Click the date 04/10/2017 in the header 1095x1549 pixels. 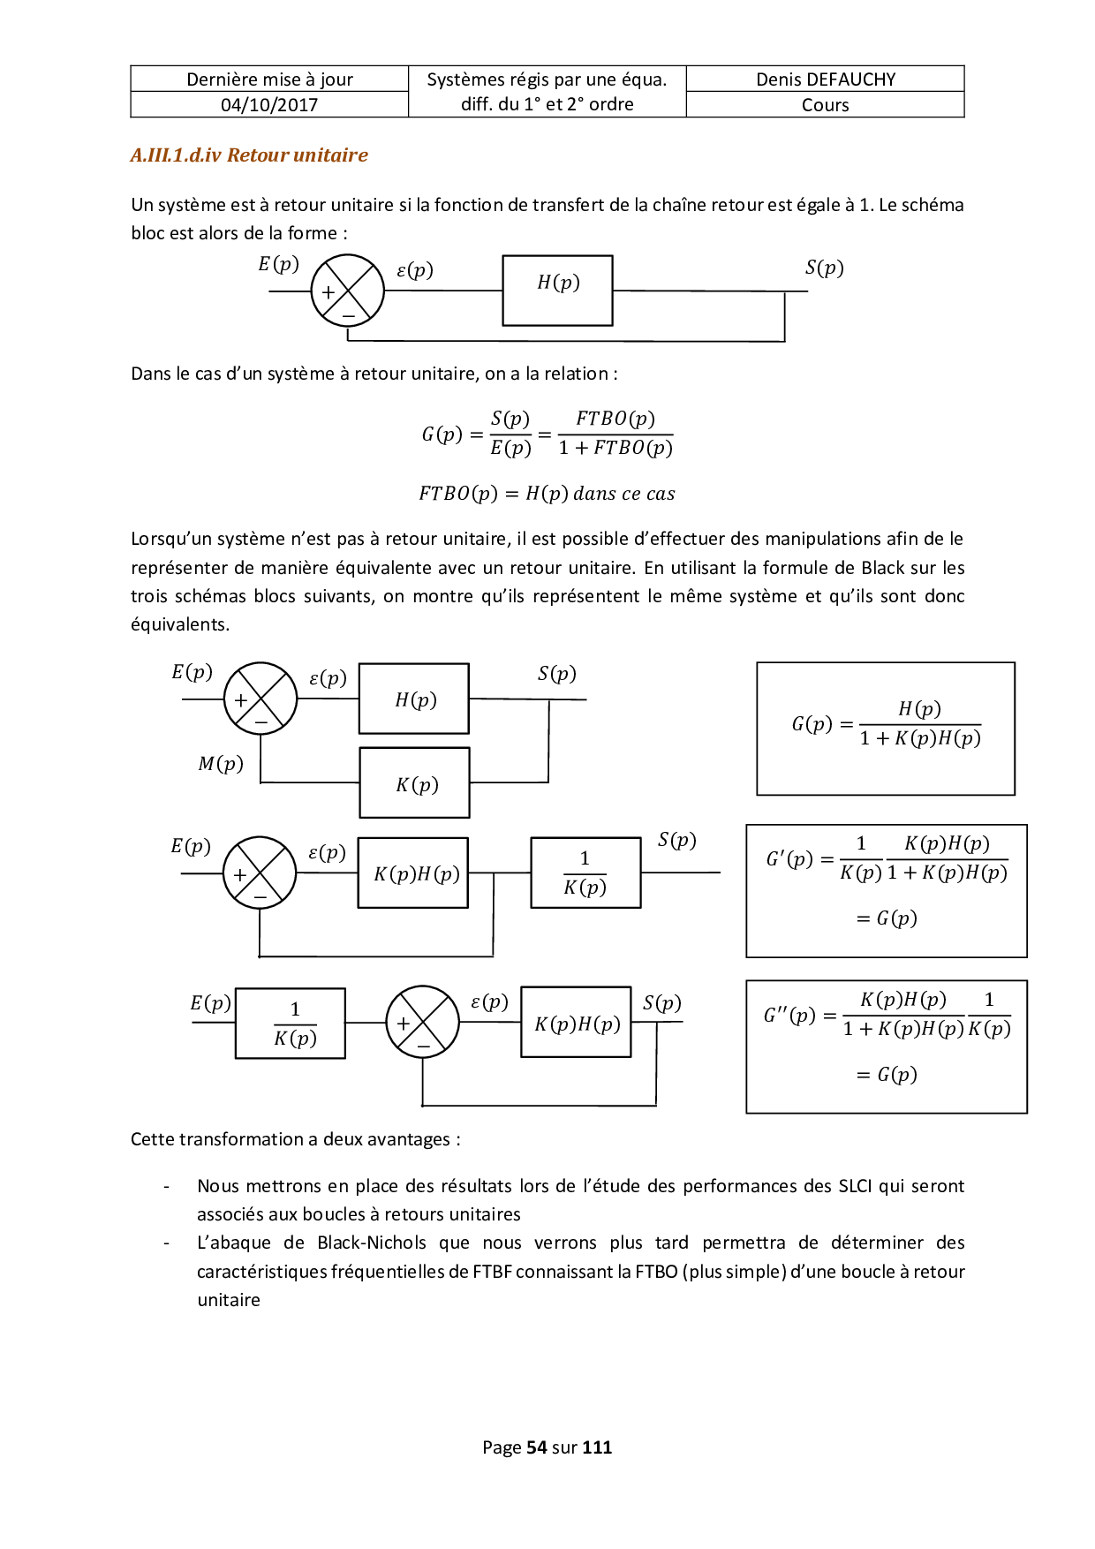tap(269, 105)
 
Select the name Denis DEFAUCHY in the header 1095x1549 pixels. tap(825, 79)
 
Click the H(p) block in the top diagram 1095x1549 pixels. tap(557, 291)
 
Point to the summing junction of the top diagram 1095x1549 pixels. tap(348, 291)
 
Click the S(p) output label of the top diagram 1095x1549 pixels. tap(824, 268)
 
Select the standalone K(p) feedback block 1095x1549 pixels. tap(414, 783)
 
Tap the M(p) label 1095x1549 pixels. tap(221, 764)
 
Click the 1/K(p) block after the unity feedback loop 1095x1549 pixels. tap(585, 873)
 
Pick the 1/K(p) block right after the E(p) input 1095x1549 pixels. tap(291, 1024)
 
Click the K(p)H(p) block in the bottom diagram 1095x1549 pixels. tap(576, 1023)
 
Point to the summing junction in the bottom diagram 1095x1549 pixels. tap(423, 1023)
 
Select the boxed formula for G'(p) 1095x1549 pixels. tap(886, 891)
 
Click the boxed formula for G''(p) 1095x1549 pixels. tap(886, 1047)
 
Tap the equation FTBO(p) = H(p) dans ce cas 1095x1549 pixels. tap(547, 494)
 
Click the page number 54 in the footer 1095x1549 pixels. tap(536, 1447)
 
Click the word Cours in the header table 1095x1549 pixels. tap(825, 105)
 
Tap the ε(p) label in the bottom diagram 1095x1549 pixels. tap(489, 1002)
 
